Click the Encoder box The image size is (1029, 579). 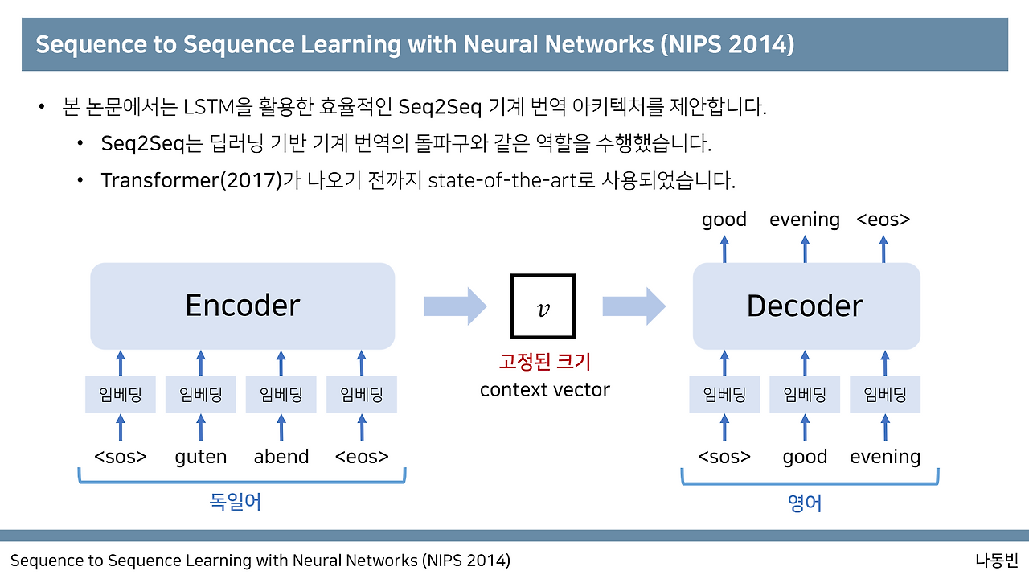(x=242, y=306)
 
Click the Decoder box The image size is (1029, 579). (x=806, y=306)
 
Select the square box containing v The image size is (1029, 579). (x=543, y=306)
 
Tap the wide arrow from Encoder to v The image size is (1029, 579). (x=455, y=306)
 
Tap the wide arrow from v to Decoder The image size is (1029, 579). (x=634, y=306)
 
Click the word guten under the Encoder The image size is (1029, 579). (x=201, y=457)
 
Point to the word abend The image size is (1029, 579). (x=281, y=457)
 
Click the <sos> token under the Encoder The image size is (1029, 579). (x=121, y=457)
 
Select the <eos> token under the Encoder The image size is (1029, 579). (x=362, y=457)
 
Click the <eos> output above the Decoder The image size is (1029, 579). (x=883, y=220)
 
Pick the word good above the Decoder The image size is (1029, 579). (x=724, y=220)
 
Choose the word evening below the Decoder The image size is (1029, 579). (x=885, y=457)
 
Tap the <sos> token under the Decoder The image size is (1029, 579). (x=724, y=457)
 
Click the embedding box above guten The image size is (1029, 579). (x=201, y=395)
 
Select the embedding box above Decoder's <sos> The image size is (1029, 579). (x=724, y=395)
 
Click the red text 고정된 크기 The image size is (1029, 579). (x=544, y=361)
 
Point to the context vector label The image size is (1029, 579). (x=544, y=390)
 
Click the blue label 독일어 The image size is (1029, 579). (x=236, y=503)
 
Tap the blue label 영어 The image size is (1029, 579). (x=806, y=503)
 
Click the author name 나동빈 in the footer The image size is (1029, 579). (x=996, y=560)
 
